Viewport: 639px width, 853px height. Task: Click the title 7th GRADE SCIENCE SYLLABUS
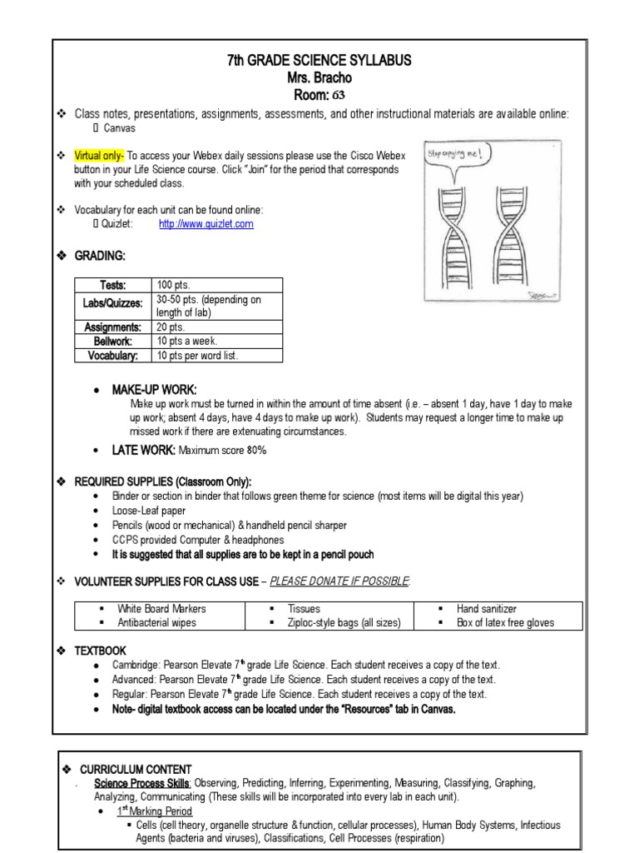click(x=319, y=61)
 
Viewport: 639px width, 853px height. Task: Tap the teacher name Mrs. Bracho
click(x=319, y=78)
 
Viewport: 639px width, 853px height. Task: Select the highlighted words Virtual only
click(x=99, y=156)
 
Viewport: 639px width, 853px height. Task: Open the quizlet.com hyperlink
click(x=206, y=224)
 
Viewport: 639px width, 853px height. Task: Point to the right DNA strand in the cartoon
click(x=507, y=237)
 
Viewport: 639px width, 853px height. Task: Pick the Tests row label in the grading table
click(x=111, y=285)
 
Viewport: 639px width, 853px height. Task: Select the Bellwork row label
click(x=113, y=342)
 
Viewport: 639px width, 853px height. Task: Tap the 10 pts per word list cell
click(x=200, y=356)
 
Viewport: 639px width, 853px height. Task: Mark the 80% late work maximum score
click(x=255, y=451)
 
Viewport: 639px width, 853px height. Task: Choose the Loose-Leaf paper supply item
click(x=150, y=511)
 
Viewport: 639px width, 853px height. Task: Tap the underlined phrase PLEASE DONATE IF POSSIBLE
click(x=340, y=580)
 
